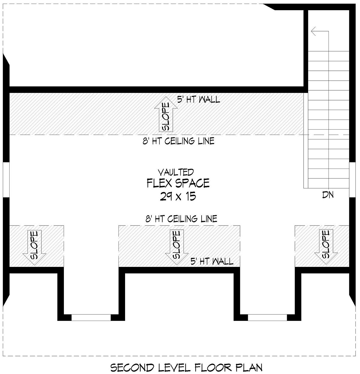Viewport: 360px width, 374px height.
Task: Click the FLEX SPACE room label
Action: coord(178,183)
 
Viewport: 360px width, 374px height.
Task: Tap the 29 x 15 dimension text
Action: coord(178,196)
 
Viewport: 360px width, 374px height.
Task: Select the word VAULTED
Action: coord(176,172)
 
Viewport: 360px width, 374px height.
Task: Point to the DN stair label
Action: coord(328,195)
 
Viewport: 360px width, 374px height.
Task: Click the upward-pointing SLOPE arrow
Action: coord(166,114)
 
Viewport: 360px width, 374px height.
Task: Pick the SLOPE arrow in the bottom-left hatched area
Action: coord(34,247)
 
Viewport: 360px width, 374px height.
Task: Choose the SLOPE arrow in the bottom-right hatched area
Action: coord(326,247)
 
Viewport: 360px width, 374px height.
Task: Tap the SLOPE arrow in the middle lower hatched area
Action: coord(177,247)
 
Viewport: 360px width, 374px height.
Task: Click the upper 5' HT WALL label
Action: coord(199,100)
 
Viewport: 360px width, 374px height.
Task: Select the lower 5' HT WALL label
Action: coord(212,261)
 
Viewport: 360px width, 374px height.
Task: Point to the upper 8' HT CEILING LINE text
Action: coord(178,141)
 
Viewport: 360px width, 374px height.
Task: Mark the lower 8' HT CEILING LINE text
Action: coord(181,219)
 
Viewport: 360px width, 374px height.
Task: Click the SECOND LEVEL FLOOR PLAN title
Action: coord(186,368)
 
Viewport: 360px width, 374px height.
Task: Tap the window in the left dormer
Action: coord(91,318)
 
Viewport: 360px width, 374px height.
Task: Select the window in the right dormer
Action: coord(267,318)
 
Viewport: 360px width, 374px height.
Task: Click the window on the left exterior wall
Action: coord(6,180)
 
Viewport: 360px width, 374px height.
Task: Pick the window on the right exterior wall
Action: coord(352,180)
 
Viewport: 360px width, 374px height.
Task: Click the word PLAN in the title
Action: coord(249,368)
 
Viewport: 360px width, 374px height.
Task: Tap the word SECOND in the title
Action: coord(132,368)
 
